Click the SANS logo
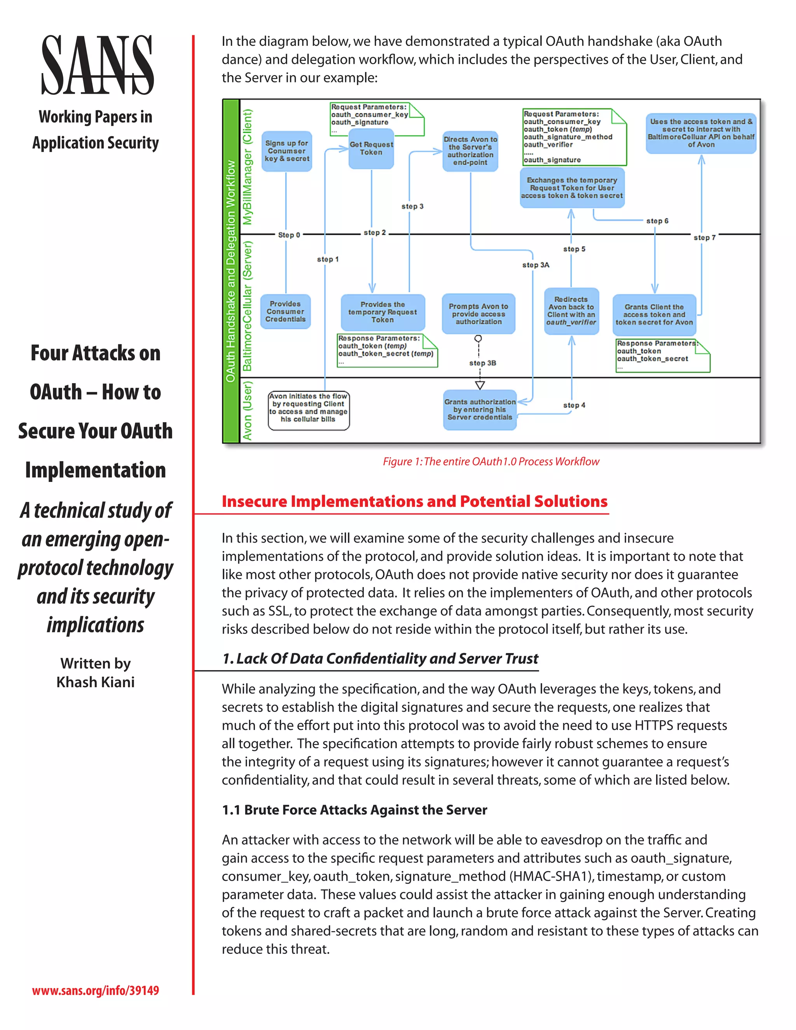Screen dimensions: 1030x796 point(97,65)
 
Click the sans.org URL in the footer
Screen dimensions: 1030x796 point(95,990)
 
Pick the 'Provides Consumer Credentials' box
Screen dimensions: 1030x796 point(285,311)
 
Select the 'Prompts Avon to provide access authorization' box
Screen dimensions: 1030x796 point(478,314)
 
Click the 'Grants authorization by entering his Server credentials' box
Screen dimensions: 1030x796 point(480,409)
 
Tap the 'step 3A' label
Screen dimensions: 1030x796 point(536,265)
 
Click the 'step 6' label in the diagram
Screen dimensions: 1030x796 point(657,221)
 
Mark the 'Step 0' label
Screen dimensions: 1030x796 point(289,235)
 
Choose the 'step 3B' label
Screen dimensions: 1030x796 point(482,363)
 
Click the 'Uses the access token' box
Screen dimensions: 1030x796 point(701,133)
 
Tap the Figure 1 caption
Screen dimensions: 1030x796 point(491,461)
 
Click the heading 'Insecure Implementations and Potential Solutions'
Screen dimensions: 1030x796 point(414,501)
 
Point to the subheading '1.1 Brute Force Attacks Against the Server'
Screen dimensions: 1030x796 point(354,810)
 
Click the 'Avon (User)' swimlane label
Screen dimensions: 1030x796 point(247,410)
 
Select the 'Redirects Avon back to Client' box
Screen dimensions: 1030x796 point(571,311)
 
